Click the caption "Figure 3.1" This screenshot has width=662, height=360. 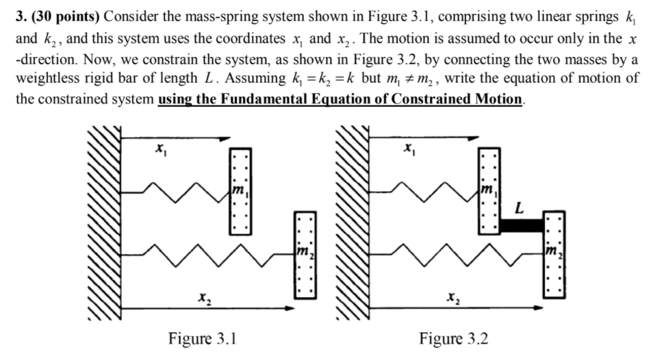[203, 339]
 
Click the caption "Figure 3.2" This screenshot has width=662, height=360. [453, 339]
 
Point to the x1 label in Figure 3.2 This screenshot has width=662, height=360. [409, 148]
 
